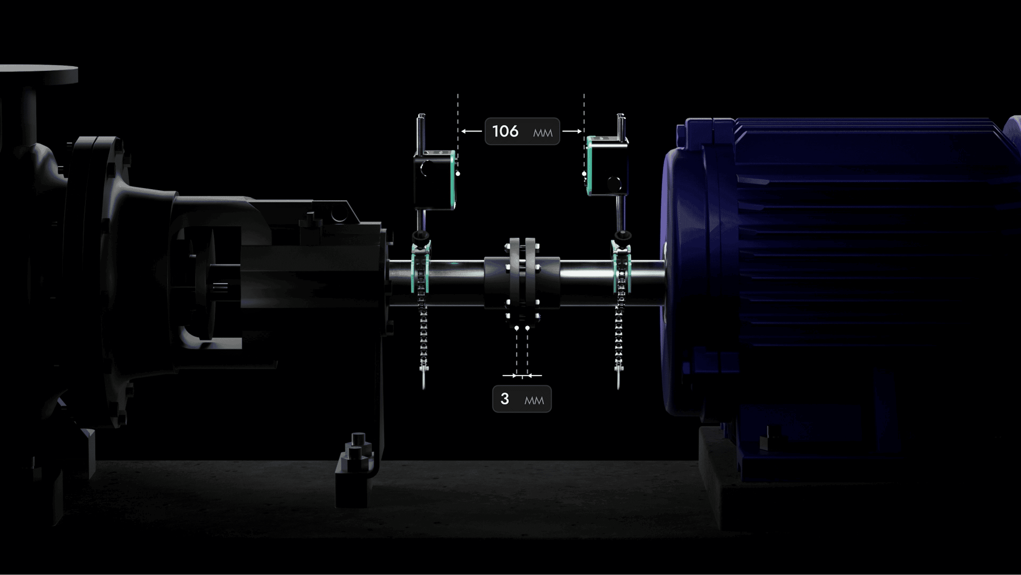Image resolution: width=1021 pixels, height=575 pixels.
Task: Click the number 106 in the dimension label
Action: tap(505, 131)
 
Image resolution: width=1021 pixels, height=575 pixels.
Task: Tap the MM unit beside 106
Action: tap(543, 133)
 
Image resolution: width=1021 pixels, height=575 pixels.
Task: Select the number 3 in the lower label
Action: tap(504, 399)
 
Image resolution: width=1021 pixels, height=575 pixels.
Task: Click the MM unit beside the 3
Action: tap(534, 400)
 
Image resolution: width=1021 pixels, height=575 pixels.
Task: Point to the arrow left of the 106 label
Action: tap(471, 131)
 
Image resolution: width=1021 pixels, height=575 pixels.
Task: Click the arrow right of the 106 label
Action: tap(572, 131)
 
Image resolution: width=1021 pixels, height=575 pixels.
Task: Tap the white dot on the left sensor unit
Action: tap(458, 173)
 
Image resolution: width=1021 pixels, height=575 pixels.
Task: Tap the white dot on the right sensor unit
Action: tap(584, 173)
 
